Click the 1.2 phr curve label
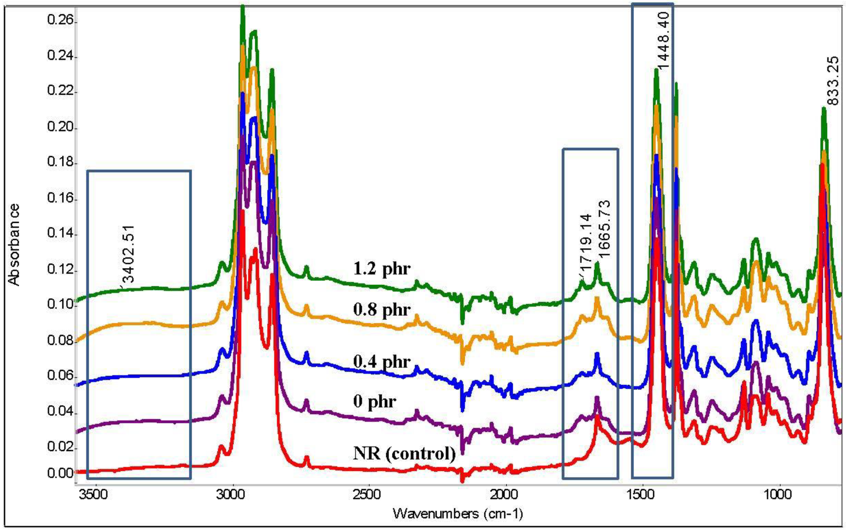point(381,269)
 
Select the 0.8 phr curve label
point(381,310)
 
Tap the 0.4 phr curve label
point(381,361)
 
